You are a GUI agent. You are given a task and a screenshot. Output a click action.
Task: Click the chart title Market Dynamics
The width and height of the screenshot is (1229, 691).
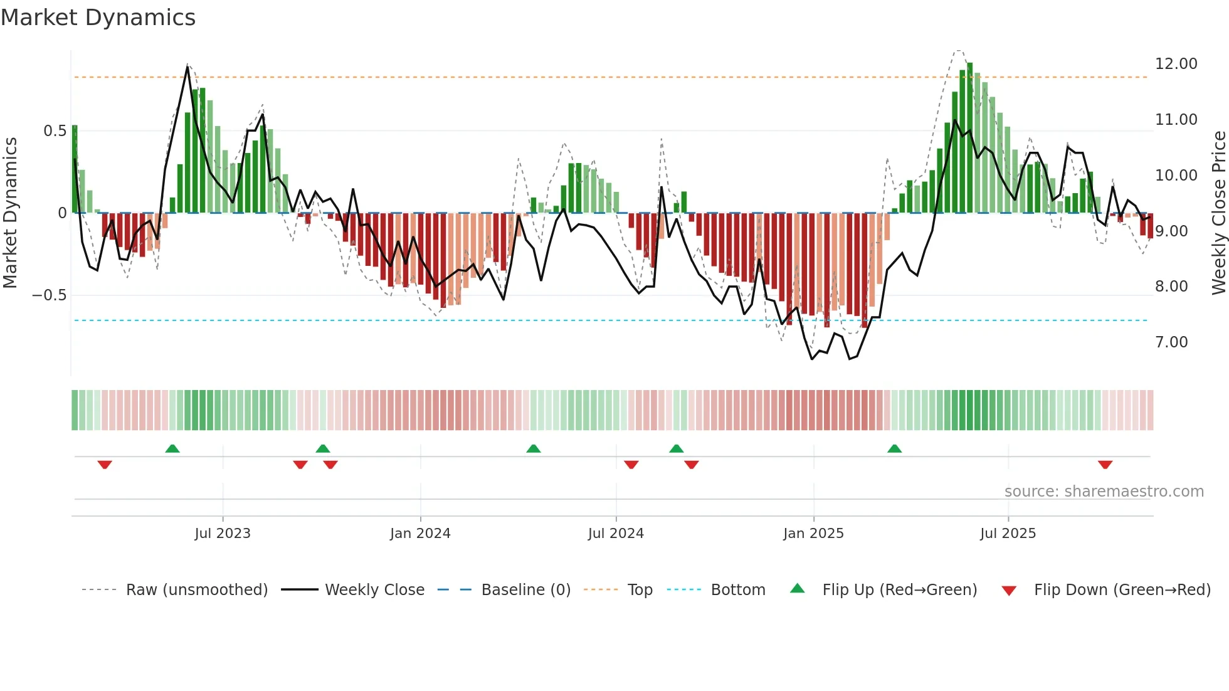[98, 18]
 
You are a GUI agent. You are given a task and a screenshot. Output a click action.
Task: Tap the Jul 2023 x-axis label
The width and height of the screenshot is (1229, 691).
[223, 534]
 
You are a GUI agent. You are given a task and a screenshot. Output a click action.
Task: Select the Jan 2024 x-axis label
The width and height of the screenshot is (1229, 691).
[420, 534]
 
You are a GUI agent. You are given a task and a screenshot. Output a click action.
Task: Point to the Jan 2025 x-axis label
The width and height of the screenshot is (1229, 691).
[813, 534]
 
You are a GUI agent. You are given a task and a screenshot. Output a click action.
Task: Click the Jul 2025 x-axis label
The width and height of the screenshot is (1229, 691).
[1008, 534]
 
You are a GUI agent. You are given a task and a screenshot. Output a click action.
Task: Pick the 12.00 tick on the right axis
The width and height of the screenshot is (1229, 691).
[1176, 64]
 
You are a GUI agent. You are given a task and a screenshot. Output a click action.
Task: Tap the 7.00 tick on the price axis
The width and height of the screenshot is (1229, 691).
[1171, 342]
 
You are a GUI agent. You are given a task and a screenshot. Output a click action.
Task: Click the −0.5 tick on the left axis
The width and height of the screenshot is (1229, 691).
[49, 295]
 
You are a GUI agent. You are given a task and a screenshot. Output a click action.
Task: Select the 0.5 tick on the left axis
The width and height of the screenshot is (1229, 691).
[55, 131]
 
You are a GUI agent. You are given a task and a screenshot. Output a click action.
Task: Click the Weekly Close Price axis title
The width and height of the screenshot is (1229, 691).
[1218, 213]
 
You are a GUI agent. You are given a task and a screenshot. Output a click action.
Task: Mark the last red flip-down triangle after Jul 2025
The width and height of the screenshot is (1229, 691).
[1105, 465]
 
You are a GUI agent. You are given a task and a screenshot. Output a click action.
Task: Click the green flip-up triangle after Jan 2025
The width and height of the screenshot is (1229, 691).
[894, 448]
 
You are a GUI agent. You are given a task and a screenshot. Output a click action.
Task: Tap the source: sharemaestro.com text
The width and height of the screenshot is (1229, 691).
[1104, 492]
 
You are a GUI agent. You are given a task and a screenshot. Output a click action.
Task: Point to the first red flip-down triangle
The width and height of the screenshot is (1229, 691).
[105, 465]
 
